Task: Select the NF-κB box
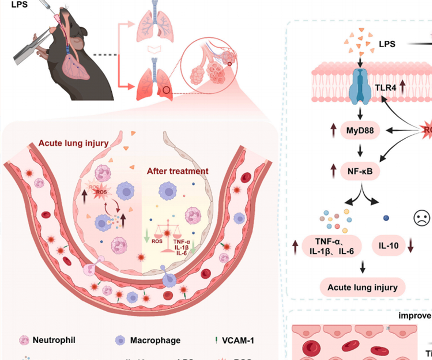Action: pyautogui.click(x=360, y=170)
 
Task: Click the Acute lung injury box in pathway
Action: pyautogui.click(x=362, y=288)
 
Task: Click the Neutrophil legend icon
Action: pyautogui.click(x=24, y=340)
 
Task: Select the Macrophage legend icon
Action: pyautogui.click(x=121, y=340)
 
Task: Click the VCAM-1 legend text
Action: pyautogui.click(x=238, y=340)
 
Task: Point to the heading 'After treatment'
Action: pyautogui.click(x=178, y=171)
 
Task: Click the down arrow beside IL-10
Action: pyautogui.click(x=411, y=246)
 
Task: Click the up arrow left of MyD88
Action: pyautogui.click(x=332, y=130)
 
